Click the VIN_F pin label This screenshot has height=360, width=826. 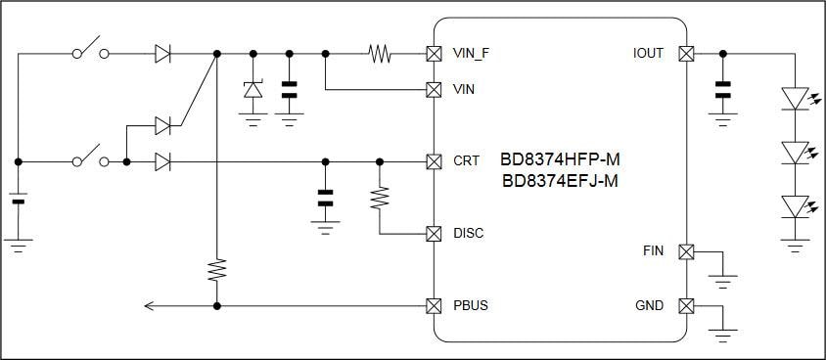click(472, 53)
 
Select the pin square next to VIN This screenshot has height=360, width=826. click(433, 89)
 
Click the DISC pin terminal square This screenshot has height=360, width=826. click(433, 234)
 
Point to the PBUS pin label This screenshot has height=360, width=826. click(471, 306)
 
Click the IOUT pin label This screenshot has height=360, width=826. click(648, 53)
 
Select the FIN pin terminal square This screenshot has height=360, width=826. click(686, 251)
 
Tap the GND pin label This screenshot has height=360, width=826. click(649, 306)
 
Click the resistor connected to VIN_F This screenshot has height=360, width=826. click(380, 53)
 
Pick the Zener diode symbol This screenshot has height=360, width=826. click(252, 90)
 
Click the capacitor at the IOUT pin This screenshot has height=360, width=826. click(723, 90)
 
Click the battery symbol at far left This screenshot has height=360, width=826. click(18, 202)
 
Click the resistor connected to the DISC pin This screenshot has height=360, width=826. click(380, 199)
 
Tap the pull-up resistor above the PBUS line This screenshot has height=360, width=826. click(216, 270)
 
